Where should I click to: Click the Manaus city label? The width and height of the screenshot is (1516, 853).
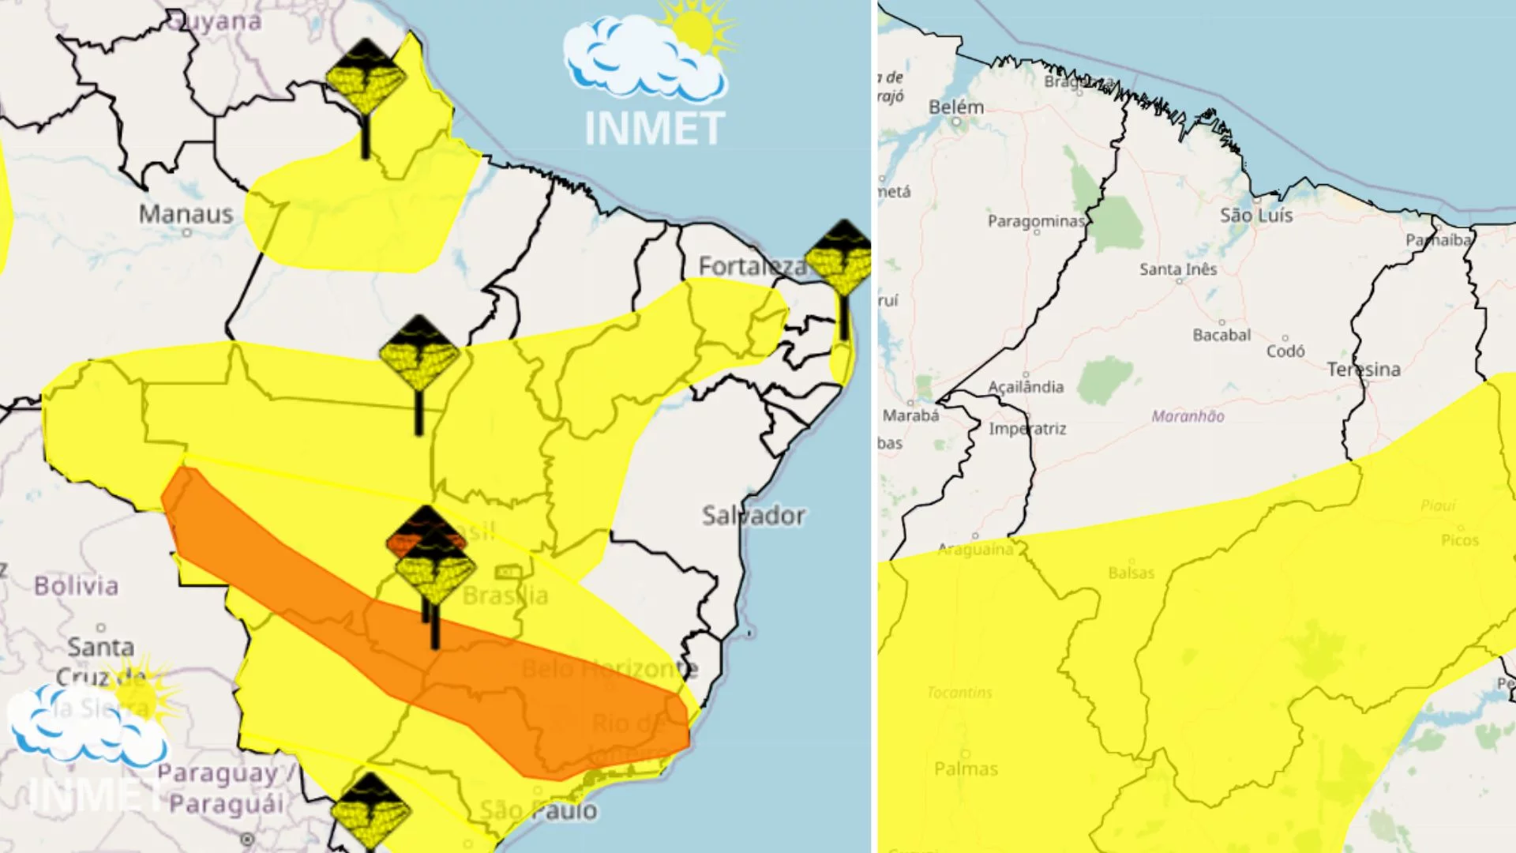[186, 213]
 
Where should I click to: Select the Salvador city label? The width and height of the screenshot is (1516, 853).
[753, 516]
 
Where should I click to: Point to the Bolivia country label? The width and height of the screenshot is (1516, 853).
[76, 585]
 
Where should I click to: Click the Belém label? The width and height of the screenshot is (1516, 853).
[956, 107]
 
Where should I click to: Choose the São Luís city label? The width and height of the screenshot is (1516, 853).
[1256, 215]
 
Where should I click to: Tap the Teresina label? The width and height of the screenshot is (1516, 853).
[1364, 369]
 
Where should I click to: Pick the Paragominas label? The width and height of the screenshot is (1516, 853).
[1036, 221]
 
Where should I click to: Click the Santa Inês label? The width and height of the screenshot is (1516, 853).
[1178, 269]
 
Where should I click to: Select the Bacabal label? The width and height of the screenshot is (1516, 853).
[1221, 335]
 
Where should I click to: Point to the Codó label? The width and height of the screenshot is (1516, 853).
[1285, 351]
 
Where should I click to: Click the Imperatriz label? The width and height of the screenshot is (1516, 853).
[1027, 428]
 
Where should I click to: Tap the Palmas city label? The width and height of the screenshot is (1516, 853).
[966, 768]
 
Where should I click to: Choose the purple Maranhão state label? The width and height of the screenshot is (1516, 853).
[1188, 416]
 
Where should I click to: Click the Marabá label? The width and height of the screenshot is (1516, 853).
[911, 415]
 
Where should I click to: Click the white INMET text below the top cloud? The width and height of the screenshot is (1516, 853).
[655, 129]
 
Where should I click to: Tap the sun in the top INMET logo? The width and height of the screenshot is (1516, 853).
[694, 30]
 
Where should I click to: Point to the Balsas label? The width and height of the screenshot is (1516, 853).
[1131, 573]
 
